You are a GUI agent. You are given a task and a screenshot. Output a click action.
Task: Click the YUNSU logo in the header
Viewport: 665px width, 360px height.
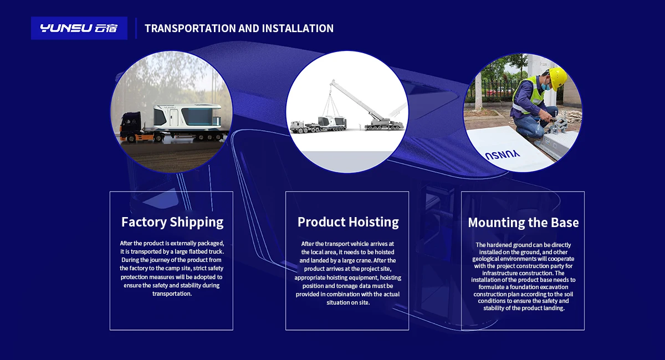point(79,28)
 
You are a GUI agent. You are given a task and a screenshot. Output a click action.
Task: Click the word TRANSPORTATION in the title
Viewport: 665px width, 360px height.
point(190,28)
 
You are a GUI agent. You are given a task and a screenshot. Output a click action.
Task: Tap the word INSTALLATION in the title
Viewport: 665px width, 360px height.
point(298,28)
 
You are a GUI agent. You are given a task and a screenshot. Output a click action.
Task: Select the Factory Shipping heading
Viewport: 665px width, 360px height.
point(172,222)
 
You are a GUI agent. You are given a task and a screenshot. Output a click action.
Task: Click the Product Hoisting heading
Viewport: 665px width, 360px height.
point(348,222)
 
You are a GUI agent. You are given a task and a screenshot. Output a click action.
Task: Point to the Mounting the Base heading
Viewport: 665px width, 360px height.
point(523,223)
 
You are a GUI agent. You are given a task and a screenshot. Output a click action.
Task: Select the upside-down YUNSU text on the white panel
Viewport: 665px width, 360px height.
point(502,155)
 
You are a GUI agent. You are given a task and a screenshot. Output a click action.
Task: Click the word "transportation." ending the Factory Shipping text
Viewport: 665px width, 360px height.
point(172,294)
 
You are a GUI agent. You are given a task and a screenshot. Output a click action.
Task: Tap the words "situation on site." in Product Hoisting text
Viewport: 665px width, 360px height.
point(348,303)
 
